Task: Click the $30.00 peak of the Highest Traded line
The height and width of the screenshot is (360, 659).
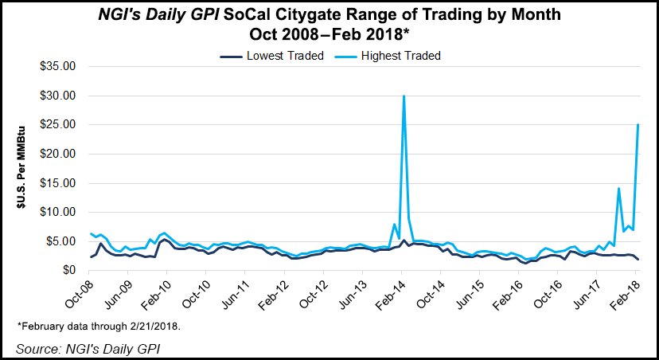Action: coord(404,96)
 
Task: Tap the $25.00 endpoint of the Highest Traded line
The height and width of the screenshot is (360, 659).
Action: coord(638,125)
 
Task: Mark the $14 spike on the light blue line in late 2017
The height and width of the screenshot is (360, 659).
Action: coord(618,189)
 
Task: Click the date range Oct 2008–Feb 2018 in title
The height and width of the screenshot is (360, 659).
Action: coord(329,35)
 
